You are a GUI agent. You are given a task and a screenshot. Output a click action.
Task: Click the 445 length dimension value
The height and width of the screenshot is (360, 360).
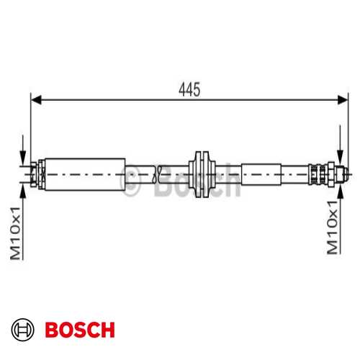pos(189,90)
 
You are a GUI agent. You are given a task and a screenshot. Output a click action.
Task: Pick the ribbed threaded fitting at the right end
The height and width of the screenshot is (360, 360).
pos(318,173)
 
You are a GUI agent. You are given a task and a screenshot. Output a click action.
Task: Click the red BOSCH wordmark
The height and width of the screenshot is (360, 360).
pos(79,330)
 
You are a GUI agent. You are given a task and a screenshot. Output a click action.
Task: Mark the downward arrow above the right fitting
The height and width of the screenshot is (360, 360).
pos(340,160)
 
